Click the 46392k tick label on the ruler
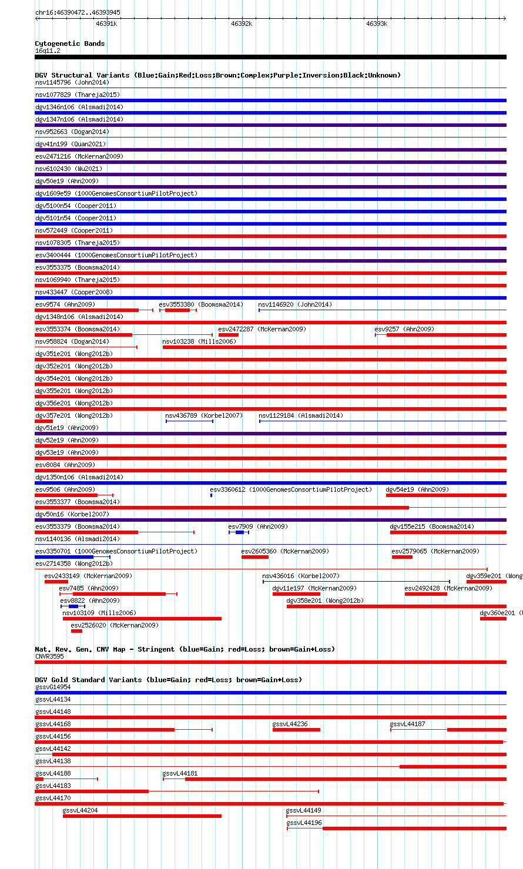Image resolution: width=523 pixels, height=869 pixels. (x=242, y=24)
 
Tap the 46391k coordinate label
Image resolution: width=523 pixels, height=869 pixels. (x=106, y=24)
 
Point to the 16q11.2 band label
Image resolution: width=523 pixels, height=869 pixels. (x=48, y=51)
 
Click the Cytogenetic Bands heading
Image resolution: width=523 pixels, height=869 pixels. (x=70, y=43)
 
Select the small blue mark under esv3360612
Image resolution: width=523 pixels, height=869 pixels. (x=211, y=495)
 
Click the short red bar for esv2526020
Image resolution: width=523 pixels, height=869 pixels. (x=76, y=631)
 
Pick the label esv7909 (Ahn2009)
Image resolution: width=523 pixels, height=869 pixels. (x=258, y=526)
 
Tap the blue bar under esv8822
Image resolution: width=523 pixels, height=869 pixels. (x=73, y=606)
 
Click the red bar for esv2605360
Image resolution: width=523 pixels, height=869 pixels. (x=255, y=557)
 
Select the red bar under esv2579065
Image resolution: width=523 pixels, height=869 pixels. (x=402, y=557)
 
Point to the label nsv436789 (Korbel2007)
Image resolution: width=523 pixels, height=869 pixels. (x=204, y=415)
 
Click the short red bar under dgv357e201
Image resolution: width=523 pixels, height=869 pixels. (x=44, y=421)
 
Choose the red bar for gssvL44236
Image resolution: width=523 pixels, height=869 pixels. (x=296, y=730)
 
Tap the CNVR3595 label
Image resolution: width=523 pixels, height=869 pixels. (x=49, y=656)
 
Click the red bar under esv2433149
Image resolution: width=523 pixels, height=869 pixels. (x=56, y=582)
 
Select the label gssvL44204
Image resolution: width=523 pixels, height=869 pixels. (x=80, y=810)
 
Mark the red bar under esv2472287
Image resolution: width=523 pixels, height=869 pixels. (x=229, y=335)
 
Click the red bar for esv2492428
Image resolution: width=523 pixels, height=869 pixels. (x=425, y=594)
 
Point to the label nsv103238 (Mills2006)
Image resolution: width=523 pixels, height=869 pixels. (x=199, y=341)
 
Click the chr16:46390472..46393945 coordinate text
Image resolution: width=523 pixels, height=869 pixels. (x=78, y=12)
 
